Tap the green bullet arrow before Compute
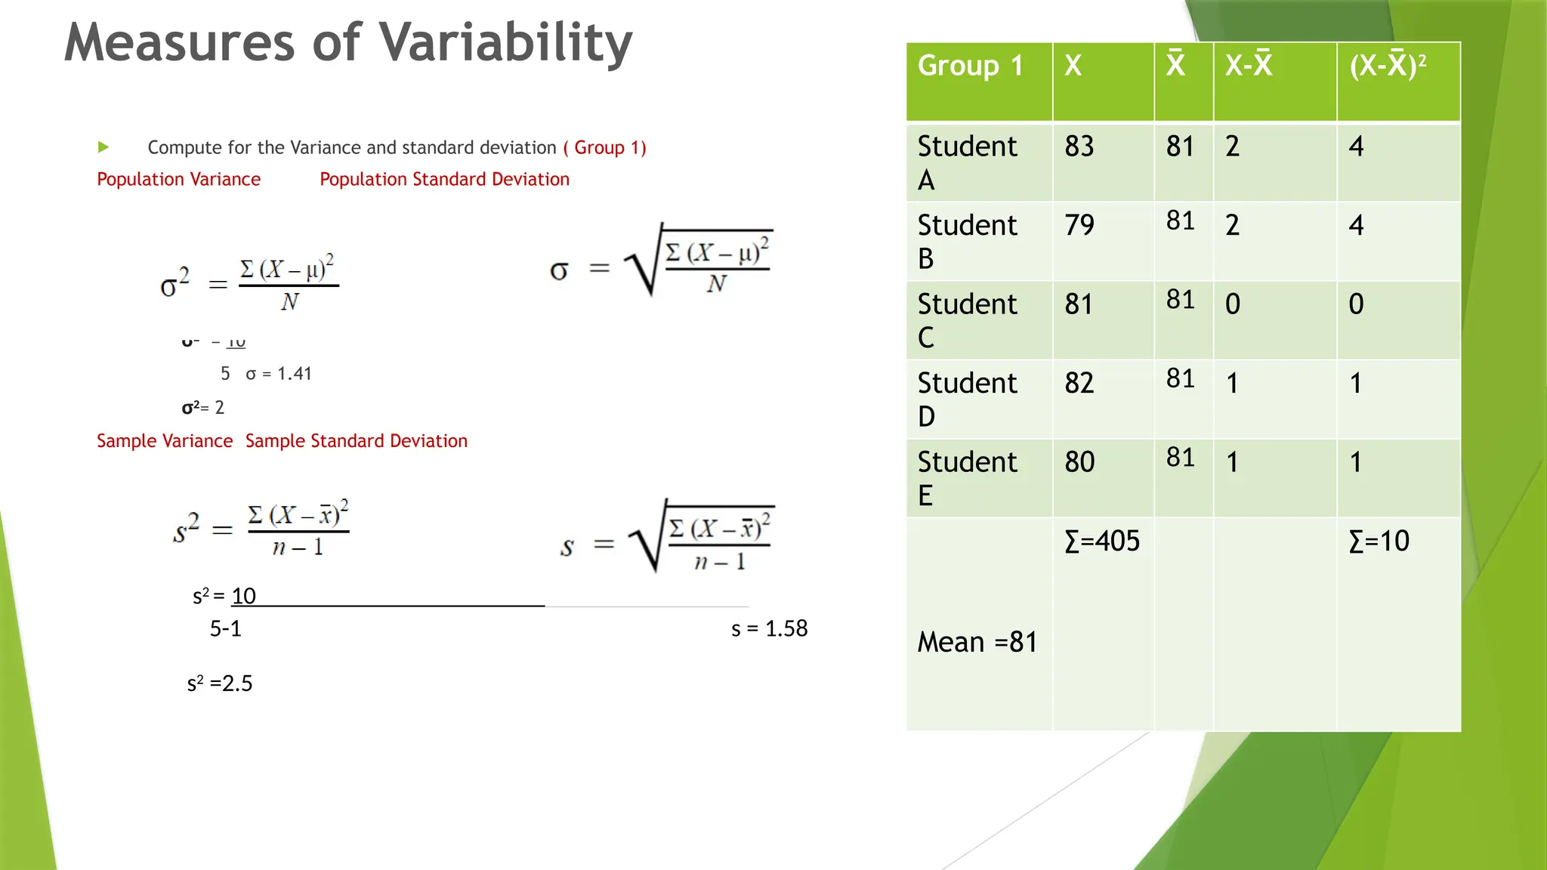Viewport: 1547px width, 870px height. click(x=103, y=147)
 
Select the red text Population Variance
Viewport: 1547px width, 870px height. click(x=178, y=180)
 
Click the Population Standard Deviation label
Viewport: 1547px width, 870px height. click(x=444, y=180)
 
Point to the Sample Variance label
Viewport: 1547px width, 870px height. click(x=165, y=441)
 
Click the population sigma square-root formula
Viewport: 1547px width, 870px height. click(x=661, y=261)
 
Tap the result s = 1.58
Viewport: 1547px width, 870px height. click(x=769, y=628)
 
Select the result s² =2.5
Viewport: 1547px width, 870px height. click(x=219, y=683)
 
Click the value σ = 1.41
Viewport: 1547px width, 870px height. click(x=278, y=374)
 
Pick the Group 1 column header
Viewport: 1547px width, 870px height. click(x=970, y=66)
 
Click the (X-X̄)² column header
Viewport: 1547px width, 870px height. click(x=1388, y=66)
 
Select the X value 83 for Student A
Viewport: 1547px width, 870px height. click(x=1079, y=147)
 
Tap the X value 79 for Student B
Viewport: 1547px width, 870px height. click(x=1079, y=225)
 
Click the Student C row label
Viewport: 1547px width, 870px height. click(x=967, y=320)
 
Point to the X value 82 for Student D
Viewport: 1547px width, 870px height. click(x=1079, y=383)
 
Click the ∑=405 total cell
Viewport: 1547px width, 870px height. click(x=1101, y=541)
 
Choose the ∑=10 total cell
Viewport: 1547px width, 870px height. click(x=1379, y=541)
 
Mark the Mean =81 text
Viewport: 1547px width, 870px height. click(x=977, y=643)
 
